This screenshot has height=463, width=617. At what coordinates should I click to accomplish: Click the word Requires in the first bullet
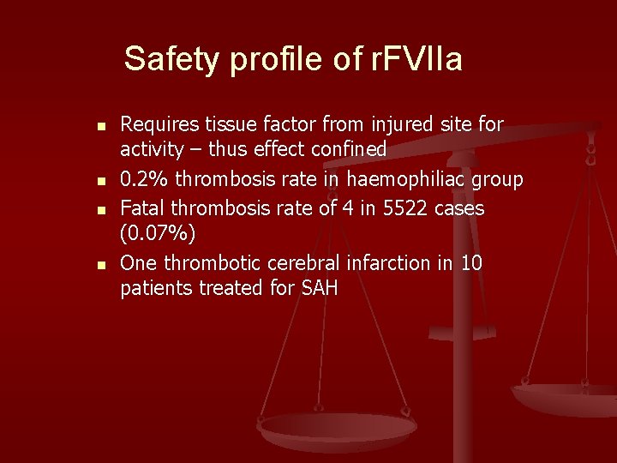click(x=158, y=126)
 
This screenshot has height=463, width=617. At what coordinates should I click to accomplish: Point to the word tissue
click(x=226, y=126)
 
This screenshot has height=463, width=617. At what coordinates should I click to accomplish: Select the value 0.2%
click(x=142, y=179)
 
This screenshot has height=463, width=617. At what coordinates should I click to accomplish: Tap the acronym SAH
click(x=319, y=288)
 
